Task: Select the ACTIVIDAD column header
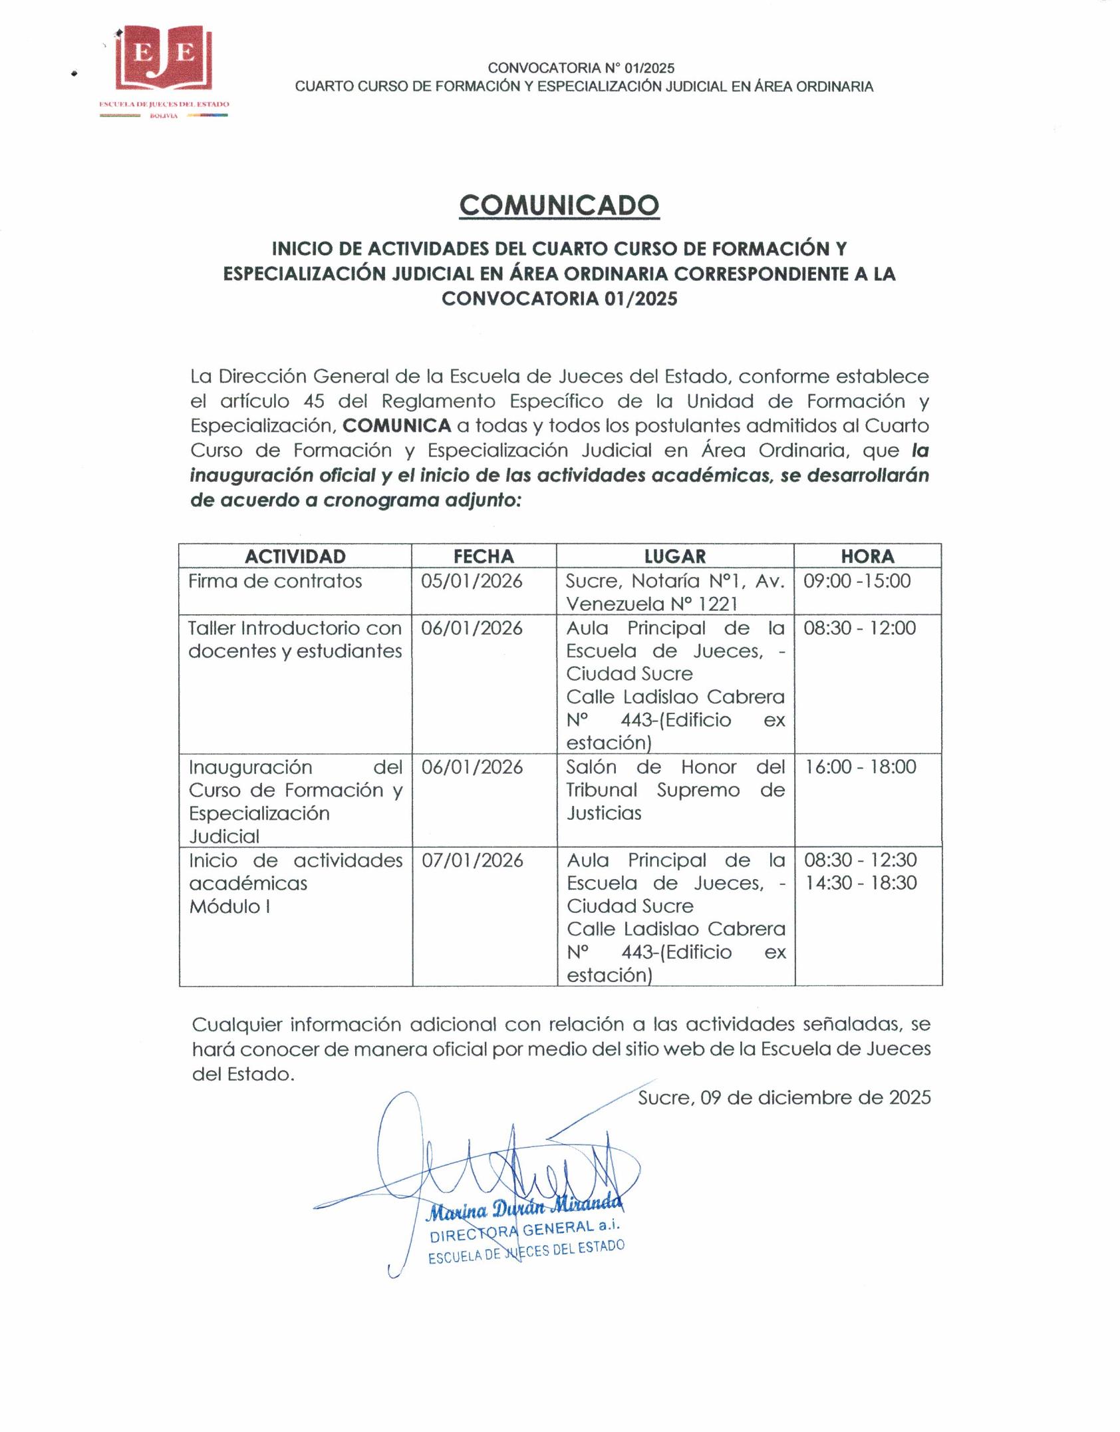295,556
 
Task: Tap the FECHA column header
484,556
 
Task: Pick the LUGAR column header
674,556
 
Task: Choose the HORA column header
867,556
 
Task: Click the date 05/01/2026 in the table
472,582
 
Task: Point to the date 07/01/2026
472,860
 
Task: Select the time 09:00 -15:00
857,581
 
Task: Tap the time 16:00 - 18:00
861,767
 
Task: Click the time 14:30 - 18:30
861,883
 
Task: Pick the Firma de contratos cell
275,582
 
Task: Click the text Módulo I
229,906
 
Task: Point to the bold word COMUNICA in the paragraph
397,426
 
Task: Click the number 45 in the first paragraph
313,401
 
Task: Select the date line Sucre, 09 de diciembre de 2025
784,1098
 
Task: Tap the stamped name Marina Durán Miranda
524,1208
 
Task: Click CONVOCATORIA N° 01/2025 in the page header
581,68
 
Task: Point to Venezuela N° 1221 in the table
651,604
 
